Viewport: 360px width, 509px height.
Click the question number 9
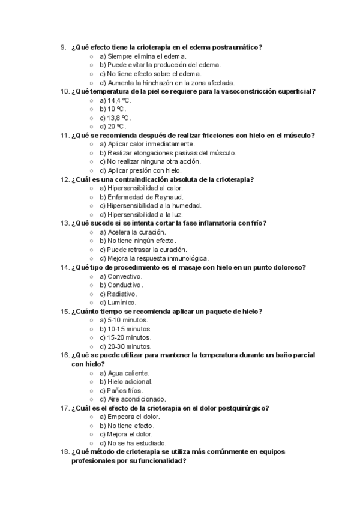coord(63,47)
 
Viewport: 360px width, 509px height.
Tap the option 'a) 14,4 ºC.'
coord(115,100)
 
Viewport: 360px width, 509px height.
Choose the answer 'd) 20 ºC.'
coord(112,127)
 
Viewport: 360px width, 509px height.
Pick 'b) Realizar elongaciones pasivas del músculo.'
coord(168,153)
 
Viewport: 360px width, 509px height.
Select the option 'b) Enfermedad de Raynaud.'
coord(142,197)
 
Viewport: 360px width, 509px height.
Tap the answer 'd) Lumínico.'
coord(118,303)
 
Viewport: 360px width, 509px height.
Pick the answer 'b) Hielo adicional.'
coord(126,382)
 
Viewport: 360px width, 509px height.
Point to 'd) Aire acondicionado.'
coord(133,399)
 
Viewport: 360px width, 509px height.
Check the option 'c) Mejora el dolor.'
coord(126,434)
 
